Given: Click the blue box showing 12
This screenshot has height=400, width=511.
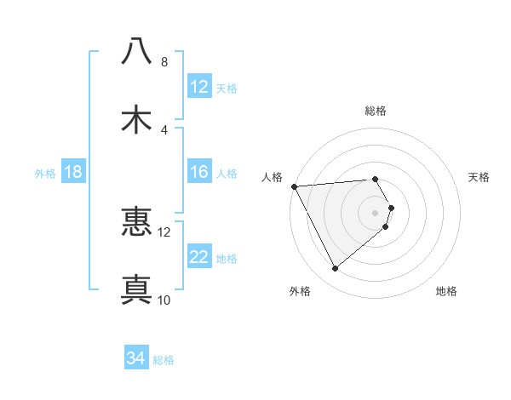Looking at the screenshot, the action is point(199,87).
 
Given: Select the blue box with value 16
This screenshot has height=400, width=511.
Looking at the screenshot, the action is point(199,172).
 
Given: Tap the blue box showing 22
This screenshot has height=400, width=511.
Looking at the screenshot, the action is point(199,257).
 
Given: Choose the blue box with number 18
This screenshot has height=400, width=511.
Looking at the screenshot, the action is point(73,172).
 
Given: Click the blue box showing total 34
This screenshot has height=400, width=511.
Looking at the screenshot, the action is point(136,358).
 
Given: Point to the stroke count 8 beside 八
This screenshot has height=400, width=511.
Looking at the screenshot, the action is point(164,62).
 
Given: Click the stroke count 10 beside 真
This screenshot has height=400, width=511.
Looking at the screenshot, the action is point(164,300).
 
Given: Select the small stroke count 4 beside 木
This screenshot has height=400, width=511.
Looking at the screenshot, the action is point(164,129).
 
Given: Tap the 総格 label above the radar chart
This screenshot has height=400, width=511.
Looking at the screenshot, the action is point(376,111).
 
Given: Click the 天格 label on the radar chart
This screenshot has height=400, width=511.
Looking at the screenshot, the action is point(479,177).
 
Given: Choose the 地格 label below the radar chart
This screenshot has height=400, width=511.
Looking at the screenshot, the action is point(446,291).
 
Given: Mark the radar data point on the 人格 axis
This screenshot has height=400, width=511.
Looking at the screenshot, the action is point(293,186).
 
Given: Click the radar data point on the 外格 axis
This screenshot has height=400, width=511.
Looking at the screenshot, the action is point(335,269).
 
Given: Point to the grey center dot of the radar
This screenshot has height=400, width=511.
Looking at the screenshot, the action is point(376,212).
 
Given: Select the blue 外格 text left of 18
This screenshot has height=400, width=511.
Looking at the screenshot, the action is point(45,173).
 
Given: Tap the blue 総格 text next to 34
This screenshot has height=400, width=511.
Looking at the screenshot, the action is point(164,359).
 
